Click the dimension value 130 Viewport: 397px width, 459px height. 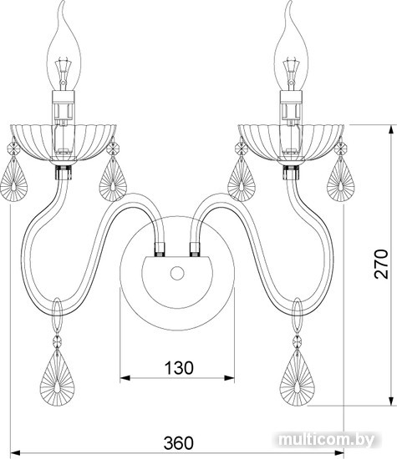point(179,368)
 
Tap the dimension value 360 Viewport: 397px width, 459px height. point(179,443)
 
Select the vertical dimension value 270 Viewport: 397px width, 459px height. point(381,264)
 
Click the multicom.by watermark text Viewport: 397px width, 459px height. point(327,440)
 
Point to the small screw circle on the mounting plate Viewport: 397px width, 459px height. point(177,273)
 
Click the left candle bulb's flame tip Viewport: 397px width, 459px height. point(62,2)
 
